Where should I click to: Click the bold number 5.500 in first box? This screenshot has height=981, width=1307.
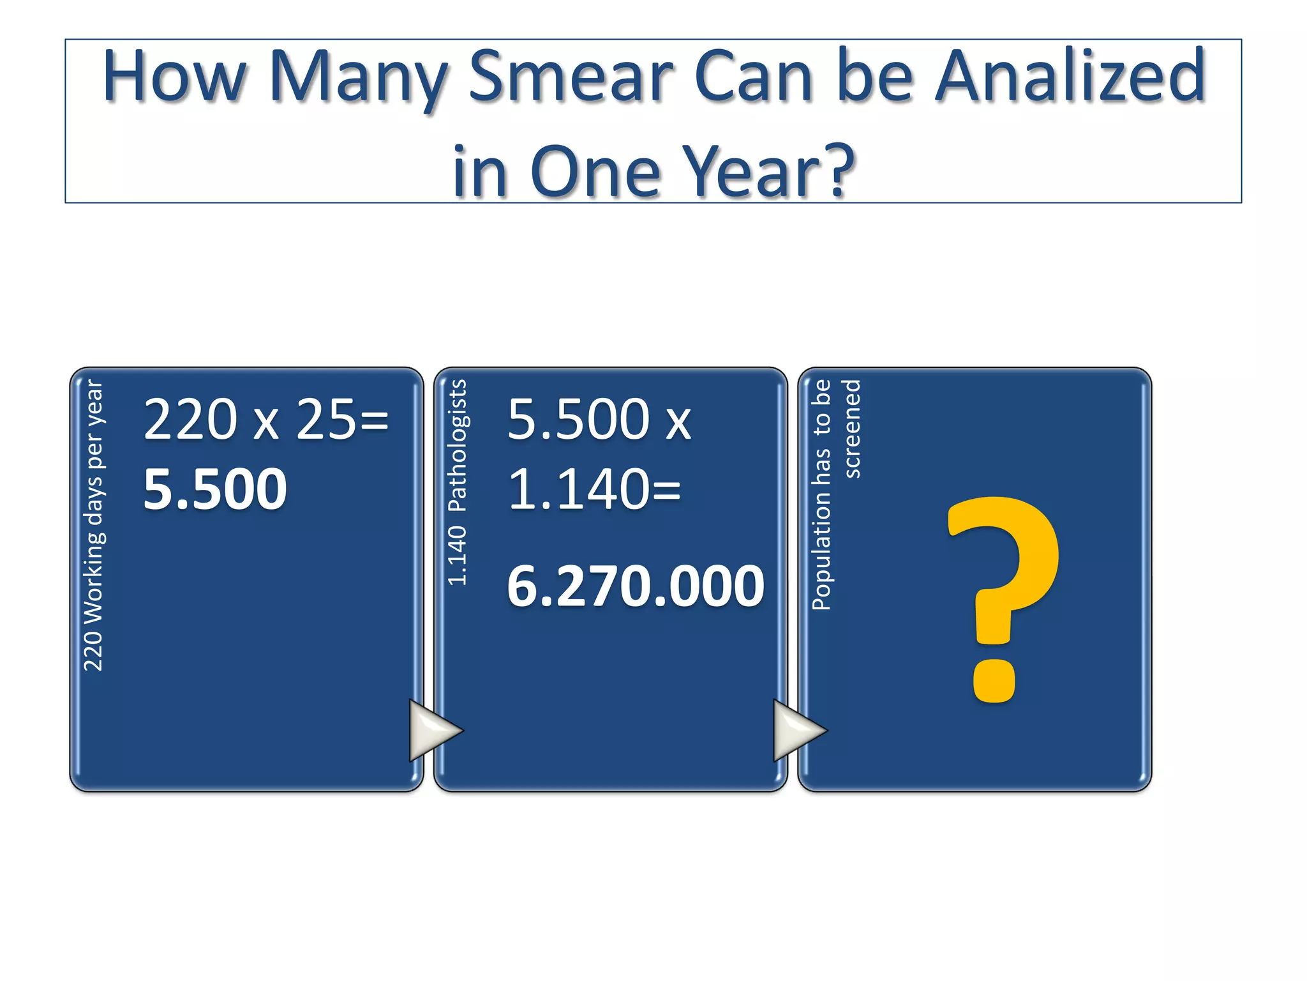point(215,489)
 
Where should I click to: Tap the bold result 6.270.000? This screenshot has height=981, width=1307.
point(635,586)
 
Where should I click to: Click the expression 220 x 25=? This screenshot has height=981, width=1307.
point(266,420)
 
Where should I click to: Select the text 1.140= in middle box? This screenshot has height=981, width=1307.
point(594,489)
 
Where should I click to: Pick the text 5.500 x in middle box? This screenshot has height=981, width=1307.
point(599,420)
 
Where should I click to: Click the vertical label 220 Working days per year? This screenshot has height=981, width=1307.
point(94,525)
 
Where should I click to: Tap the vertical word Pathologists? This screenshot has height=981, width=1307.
point(458,446)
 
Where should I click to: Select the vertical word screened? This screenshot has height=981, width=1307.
point(852,429)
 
